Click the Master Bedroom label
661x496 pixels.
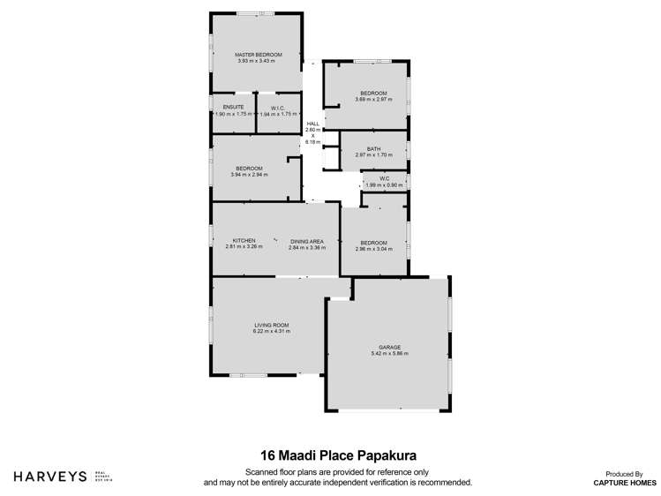coord(255,55)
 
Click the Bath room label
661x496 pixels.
coord(373,148)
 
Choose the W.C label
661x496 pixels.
coord(385,179)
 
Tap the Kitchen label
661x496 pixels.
coord(244,241)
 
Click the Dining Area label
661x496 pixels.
coord(306,241)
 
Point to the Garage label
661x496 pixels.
coord(389,347)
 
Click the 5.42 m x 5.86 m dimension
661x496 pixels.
coord(389,353)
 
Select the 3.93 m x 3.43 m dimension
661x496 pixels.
coord(255,61)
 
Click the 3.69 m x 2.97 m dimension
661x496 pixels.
coord(373,100)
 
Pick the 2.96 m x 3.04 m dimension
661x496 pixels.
coord(373,249)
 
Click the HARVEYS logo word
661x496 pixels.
coord(49,476)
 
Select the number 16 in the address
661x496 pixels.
coord(267,455)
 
